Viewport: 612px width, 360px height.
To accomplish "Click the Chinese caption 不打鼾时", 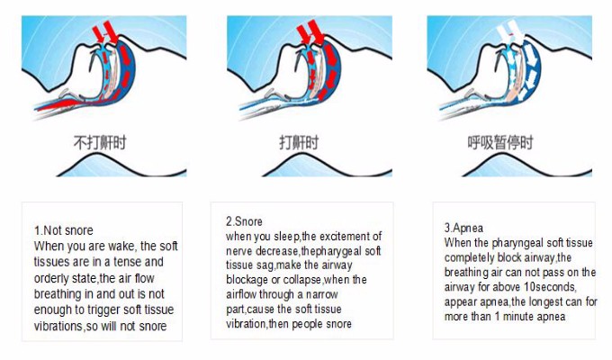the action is (x=100, y=143).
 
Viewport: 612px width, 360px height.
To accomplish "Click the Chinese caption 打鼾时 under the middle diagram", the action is (x=299, y=143).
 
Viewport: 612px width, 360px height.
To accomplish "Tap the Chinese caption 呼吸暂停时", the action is (x=500, y=143).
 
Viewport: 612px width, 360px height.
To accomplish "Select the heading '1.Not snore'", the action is (x=64, y=230).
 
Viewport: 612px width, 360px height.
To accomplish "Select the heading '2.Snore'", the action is (x=244, y=221).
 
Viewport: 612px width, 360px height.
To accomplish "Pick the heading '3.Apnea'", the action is (x=463, y=228).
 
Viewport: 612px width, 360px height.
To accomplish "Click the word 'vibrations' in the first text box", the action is (x=58, y=326).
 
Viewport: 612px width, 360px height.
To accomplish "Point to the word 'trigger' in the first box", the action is (x=103, y=310).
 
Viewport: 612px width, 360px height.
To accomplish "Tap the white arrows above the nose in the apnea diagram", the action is (x=509, y=31).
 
